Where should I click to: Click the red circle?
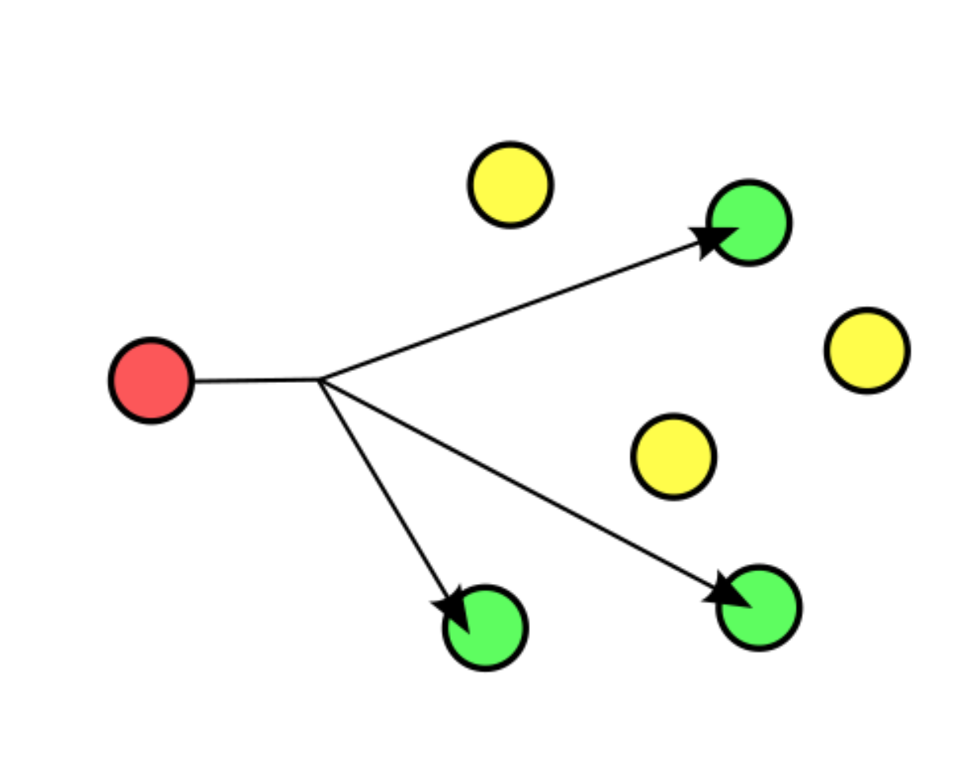tap(151, 381)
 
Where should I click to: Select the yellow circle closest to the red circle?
tap(510, 184)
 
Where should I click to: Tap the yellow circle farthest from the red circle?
tap(867, 350)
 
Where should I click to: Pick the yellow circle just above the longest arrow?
tap(673, 457)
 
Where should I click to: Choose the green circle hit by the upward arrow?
tap(749, 222)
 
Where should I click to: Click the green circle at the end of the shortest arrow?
tap(486, 628)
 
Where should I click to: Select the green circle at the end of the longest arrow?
tap(759, 608)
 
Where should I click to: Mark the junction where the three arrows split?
tap(320, 380)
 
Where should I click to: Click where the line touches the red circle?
tap(192, 381)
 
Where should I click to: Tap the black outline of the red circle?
tap(151, 340)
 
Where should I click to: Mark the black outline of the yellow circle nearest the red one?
tap(510, 144)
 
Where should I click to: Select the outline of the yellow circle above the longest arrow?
tap(673, 416)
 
